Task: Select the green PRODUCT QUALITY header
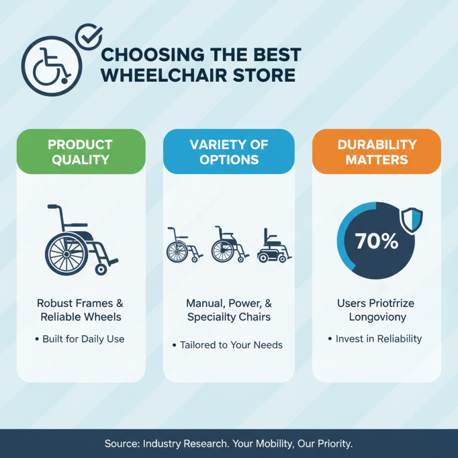[80, 152]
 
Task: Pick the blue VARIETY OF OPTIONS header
[229, 152]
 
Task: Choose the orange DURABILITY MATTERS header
[377, 152]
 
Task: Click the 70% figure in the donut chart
[376, 241]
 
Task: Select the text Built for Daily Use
[83, 339]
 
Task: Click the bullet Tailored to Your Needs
[231, 345]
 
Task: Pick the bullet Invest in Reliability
[378, 339]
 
